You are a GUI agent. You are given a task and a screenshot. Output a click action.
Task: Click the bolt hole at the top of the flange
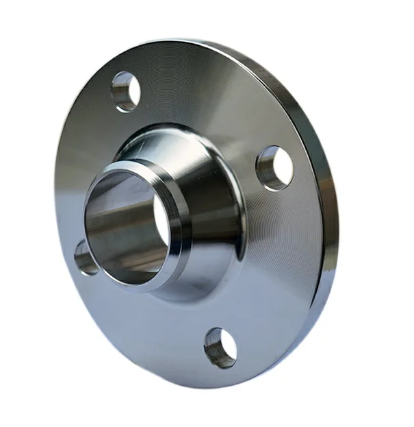[126, 90]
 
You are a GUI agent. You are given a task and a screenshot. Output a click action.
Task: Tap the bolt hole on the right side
[274, 167]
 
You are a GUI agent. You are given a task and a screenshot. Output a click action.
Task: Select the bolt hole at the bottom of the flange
[220, 347]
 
